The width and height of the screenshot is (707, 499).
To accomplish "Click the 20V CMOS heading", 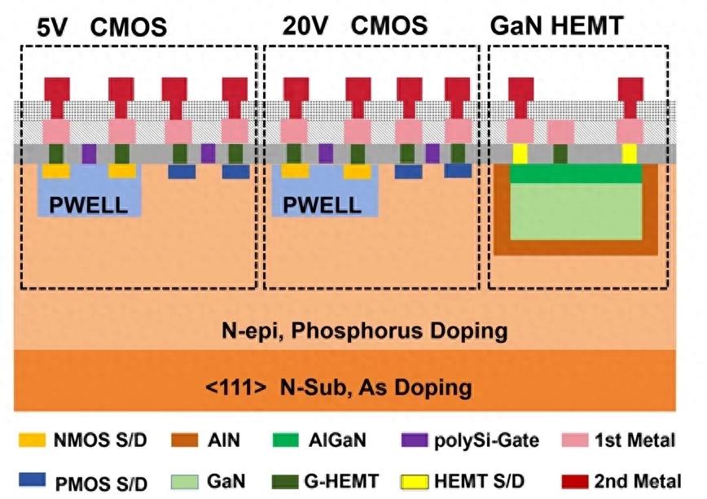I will [x=354, y=25].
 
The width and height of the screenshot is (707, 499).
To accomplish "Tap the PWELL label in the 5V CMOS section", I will [x=88, y=204].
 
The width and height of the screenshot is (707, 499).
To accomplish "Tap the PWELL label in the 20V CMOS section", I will [x=321, y=204].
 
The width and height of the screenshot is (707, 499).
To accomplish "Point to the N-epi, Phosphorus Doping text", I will [x=365, y=331].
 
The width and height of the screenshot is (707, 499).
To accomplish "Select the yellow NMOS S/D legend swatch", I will [x=33, y=441].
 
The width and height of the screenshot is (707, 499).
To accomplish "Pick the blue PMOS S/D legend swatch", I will [x=33, y=480].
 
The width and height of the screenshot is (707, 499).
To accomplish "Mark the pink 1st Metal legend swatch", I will [x=576, y=441].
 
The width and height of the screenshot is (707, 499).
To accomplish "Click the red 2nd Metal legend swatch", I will [x=576, y=480].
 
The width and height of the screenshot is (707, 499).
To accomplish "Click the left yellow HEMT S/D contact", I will [x=519, y=152].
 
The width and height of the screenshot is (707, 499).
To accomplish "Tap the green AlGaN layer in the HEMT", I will [x=576, y=173].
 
